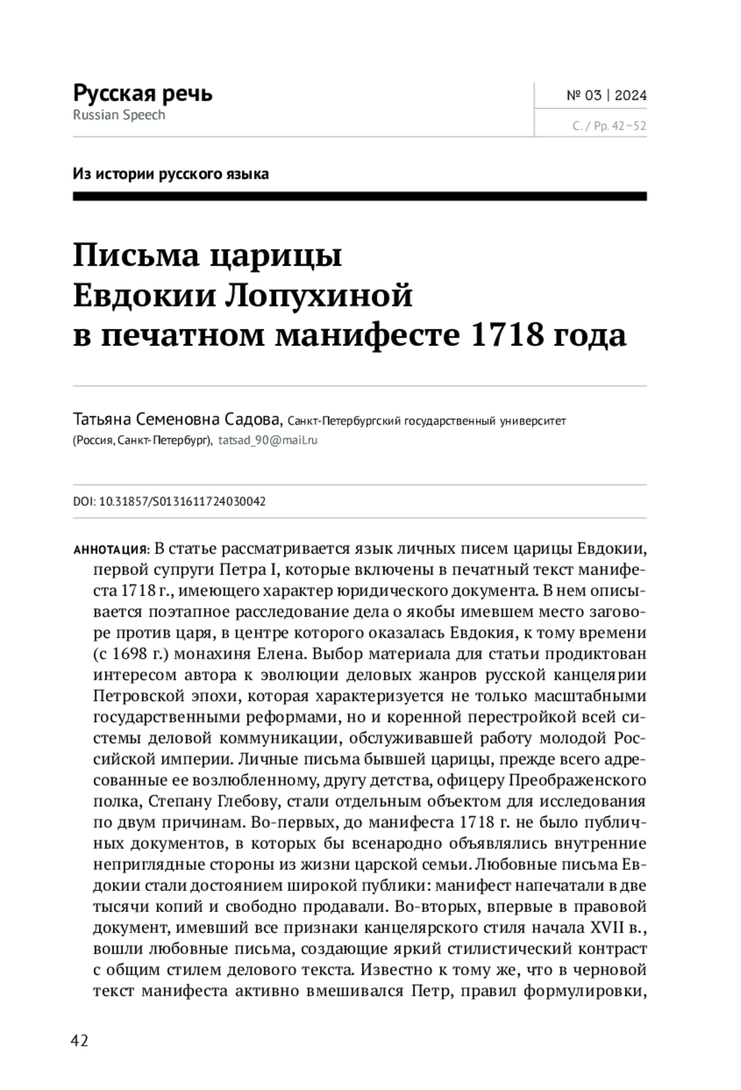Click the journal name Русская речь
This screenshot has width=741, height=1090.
[143, 93]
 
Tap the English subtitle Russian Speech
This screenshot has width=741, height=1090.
[119, 115]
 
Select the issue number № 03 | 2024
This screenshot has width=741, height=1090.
[606, 95]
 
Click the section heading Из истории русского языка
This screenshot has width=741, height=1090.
[170, 174]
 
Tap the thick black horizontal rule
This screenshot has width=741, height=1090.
[359, 196]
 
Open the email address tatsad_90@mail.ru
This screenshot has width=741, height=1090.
[268, 441]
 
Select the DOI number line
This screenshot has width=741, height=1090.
[169, 502]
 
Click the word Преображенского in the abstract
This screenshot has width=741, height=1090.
[577, 780]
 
